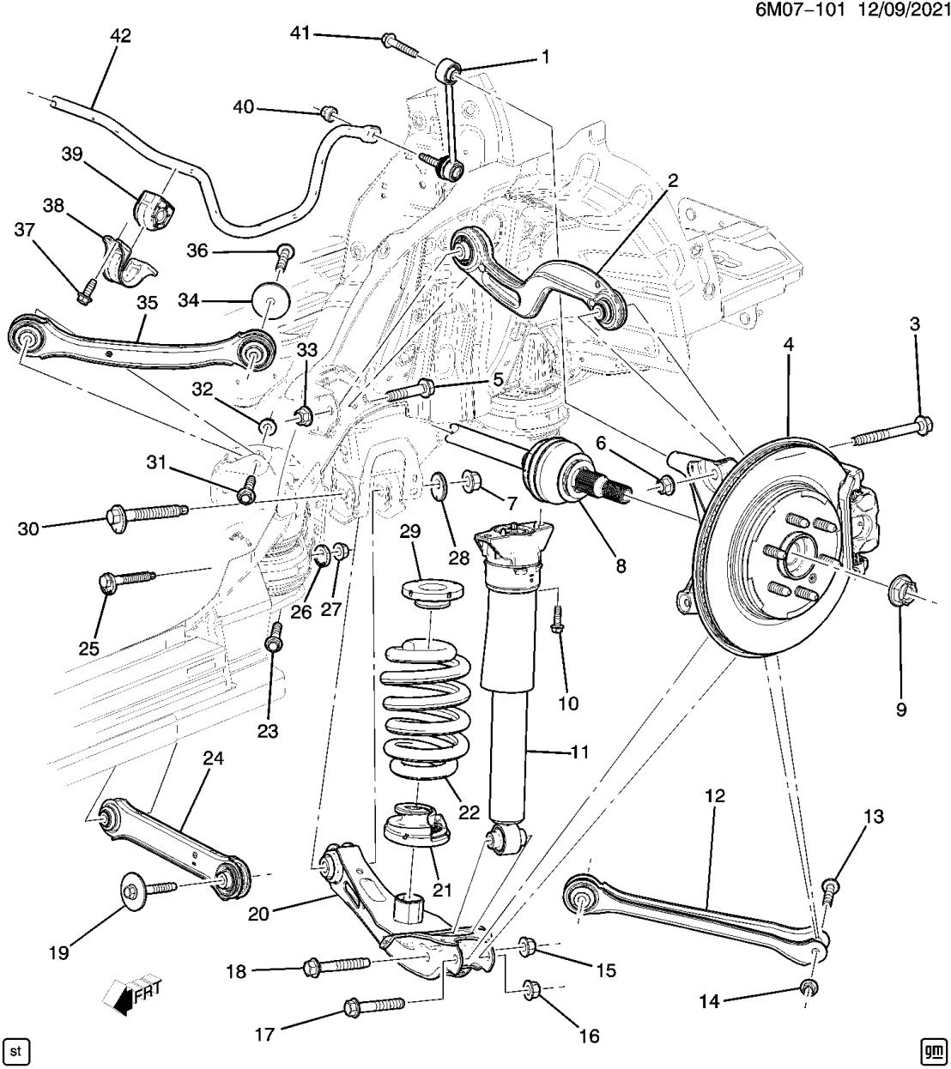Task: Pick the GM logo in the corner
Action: pos(932,1049)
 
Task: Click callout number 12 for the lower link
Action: pos(715,796)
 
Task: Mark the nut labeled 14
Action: pos(808,987)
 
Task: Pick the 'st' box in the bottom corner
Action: pos(16,1049)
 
